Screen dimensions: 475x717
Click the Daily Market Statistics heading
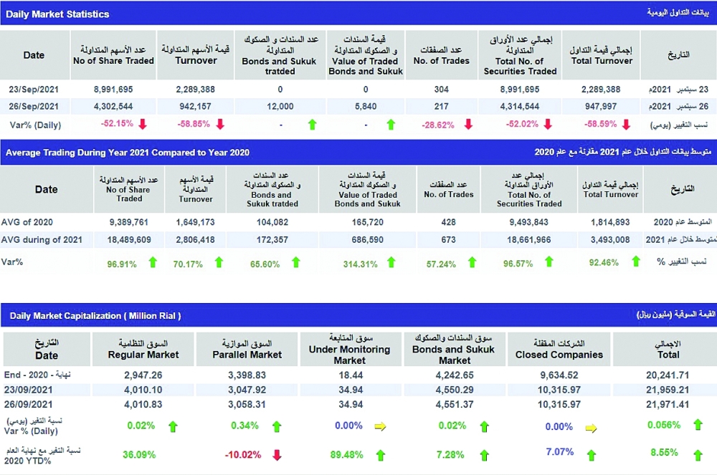point(57,14)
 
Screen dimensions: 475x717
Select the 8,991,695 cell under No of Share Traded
point(113,90)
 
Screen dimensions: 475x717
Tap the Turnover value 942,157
point(196,106)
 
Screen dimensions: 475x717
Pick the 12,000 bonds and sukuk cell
point(280,106)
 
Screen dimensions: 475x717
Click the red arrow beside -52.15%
point(142,124)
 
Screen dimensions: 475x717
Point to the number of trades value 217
point(442,106)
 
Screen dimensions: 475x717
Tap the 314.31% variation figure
point(360,263)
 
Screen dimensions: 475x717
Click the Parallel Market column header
point(247,349)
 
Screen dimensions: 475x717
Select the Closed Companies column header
point(559,349)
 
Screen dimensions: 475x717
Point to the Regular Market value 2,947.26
point(143,375)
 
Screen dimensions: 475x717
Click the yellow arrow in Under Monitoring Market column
point(380,426)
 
